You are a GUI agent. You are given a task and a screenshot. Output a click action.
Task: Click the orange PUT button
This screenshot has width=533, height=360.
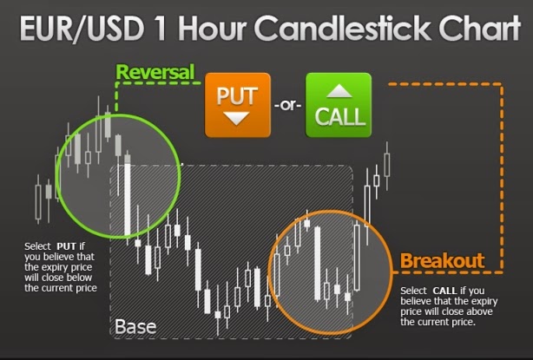coord(238,105)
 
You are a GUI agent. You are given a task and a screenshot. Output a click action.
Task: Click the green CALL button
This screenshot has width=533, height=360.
coord(339,105)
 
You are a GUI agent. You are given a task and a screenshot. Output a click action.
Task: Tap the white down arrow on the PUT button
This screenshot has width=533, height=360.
coord(237,119)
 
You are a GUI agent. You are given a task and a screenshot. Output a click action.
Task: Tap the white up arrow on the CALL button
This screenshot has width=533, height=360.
coord(339,91)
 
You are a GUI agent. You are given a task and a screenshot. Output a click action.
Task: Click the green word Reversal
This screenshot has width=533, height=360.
coord(155,72)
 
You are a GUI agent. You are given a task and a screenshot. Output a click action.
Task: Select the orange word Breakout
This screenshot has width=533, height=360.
coord(442,261)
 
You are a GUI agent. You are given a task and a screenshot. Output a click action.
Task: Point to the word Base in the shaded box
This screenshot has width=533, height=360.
coord(135,327)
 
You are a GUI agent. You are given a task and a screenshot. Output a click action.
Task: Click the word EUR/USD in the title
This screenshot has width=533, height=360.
coord(82,28)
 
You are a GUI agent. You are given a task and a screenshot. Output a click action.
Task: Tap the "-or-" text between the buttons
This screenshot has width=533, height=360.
coord(288,105)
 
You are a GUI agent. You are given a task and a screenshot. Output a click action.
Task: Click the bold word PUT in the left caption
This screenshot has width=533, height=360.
coord(66,245)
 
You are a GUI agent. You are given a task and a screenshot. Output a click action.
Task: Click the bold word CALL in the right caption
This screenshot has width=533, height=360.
coord(444,291)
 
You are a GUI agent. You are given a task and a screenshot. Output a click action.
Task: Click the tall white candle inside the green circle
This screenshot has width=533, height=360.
coord(128,199)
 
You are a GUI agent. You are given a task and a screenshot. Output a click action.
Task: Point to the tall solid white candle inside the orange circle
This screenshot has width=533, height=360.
coord(318,264)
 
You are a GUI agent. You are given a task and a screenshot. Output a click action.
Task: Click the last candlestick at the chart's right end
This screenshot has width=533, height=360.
coord(387,165)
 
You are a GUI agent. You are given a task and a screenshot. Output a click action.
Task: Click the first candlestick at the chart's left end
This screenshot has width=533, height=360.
coord(38,200)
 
